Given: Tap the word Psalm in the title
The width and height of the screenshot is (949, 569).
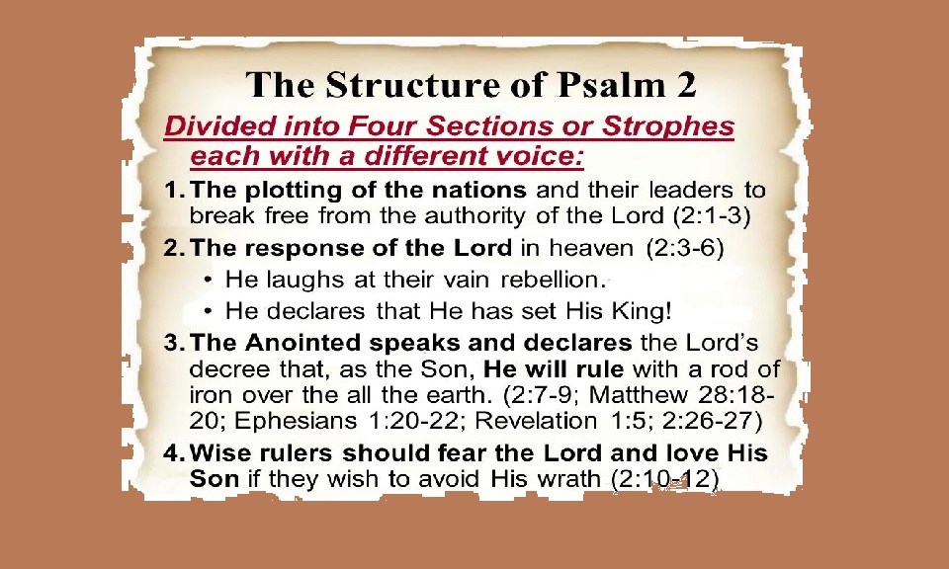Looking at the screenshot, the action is pyautogui.click(x=611, y=85).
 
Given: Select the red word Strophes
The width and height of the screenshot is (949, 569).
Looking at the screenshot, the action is pyautogui.click(x=667, y=127).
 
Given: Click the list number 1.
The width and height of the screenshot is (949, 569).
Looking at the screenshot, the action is pyautogui.click(x=174, y=191).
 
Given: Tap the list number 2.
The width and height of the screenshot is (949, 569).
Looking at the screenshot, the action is pyautogui.click(x=174, y=249).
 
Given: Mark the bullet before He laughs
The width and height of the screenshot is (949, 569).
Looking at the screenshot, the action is pyautogui.click(x=208, y=280).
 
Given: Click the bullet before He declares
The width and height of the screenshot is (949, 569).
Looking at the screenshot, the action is pyautogui.click(x=208, y=311).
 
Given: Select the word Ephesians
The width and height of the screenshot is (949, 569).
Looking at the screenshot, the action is pyautogui.click(x=296, y=422).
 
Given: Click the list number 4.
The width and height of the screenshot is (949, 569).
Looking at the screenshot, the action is pyautogui.click(x=174, y=452).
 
